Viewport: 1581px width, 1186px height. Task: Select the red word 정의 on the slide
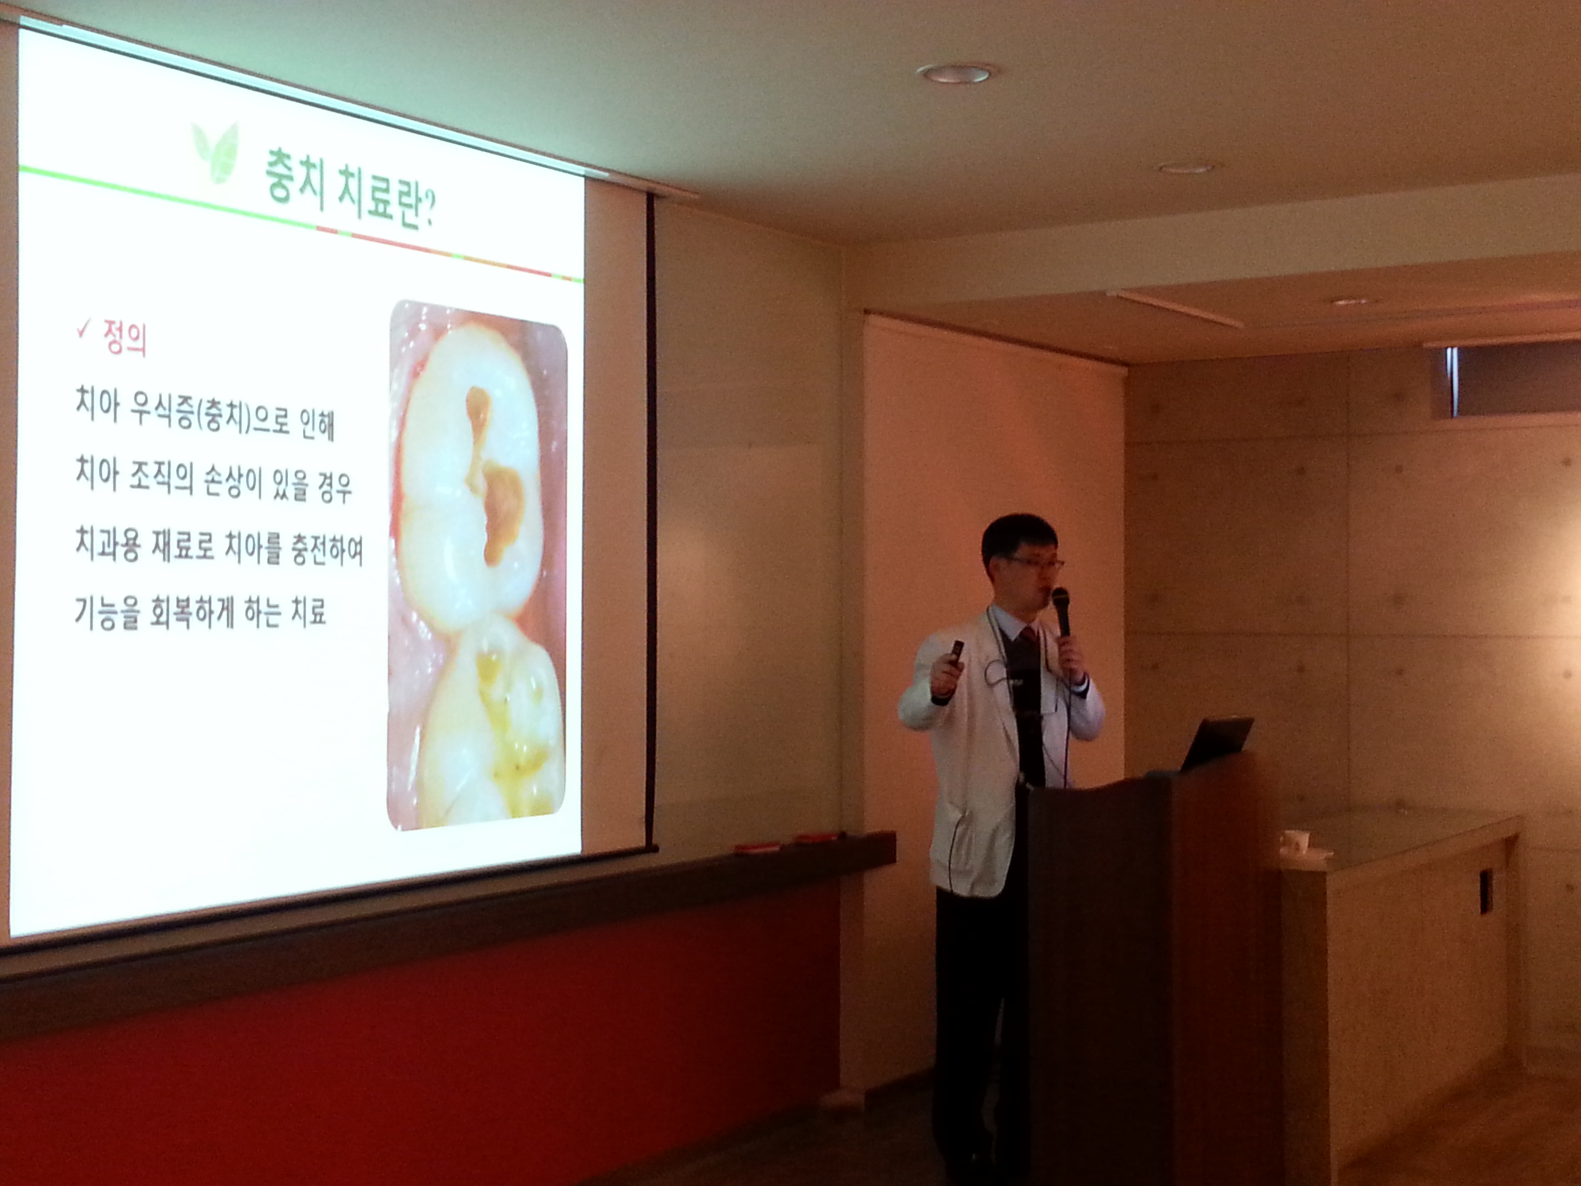(x=125, y=339)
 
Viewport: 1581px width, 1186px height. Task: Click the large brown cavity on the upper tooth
(x=503, y=511)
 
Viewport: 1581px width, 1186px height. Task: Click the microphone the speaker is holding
(x=1061, y=611)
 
